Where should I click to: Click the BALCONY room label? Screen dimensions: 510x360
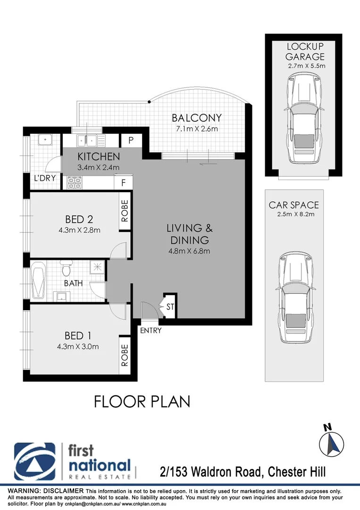[196, 118]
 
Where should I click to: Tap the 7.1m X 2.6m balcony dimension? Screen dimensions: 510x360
[196, 129]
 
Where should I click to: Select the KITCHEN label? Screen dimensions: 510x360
[99, 156]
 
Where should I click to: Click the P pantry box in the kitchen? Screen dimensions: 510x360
[131, 141]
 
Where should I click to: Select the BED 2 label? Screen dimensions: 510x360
[79, 219]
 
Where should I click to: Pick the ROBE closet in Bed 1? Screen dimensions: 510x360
[125, 356]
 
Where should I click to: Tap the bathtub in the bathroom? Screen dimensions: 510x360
[38, 281]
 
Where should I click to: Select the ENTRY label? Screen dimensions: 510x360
[151, 331]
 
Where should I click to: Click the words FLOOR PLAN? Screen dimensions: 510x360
[142, 402]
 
